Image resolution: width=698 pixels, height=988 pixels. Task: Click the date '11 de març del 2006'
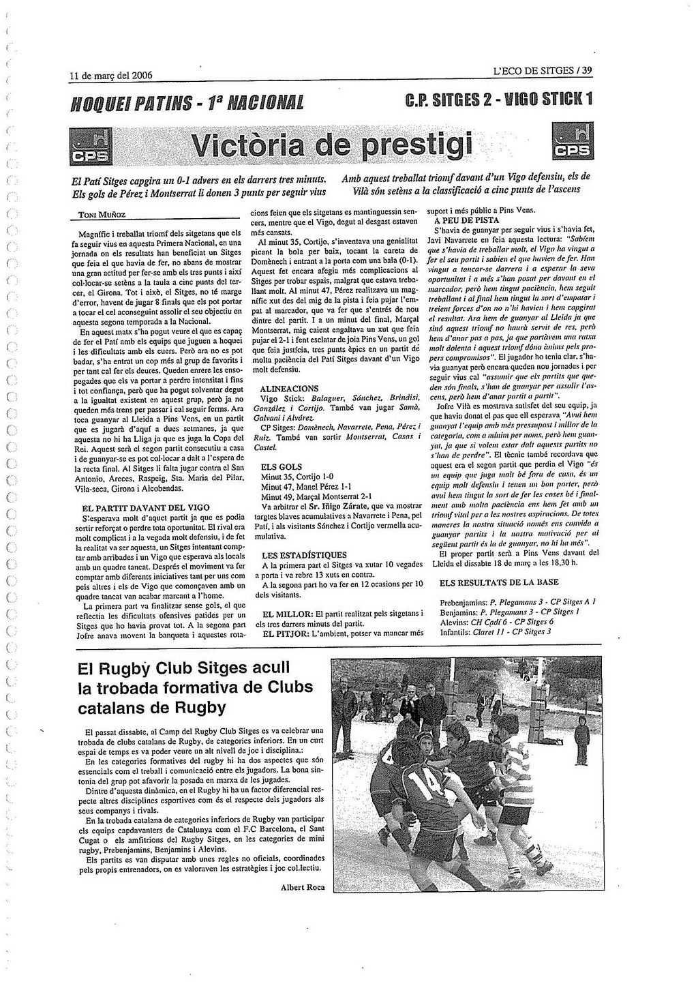click(111, 76)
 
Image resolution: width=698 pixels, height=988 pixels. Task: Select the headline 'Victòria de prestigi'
click(332, 144)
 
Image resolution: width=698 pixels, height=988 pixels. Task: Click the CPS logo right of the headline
click(573, 141)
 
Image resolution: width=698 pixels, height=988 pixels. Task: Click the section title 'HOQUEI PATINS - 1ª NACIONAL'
click(187, 104)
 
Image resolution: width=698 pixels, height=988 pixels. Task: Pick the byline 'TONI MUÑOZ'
click(102, 215)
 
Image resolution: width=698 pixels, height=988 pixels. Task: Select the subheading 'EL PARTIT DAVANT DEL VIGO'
click(145, 508)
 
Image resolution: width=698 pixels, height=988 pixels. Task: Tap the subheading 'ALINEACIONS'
click(289, 389)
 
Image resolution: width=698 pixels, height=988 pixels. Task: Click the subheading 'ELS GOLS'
click(281, 467)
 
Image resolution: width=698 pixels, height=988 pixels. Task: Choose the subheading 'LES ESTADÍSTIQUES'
click(304, 555)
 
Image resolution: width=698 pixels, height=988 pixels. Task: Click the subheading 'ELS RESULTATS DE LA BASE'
click(499, 582)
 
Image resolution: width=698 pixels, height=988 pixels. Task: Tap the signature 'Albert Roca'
click(302, 887)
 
